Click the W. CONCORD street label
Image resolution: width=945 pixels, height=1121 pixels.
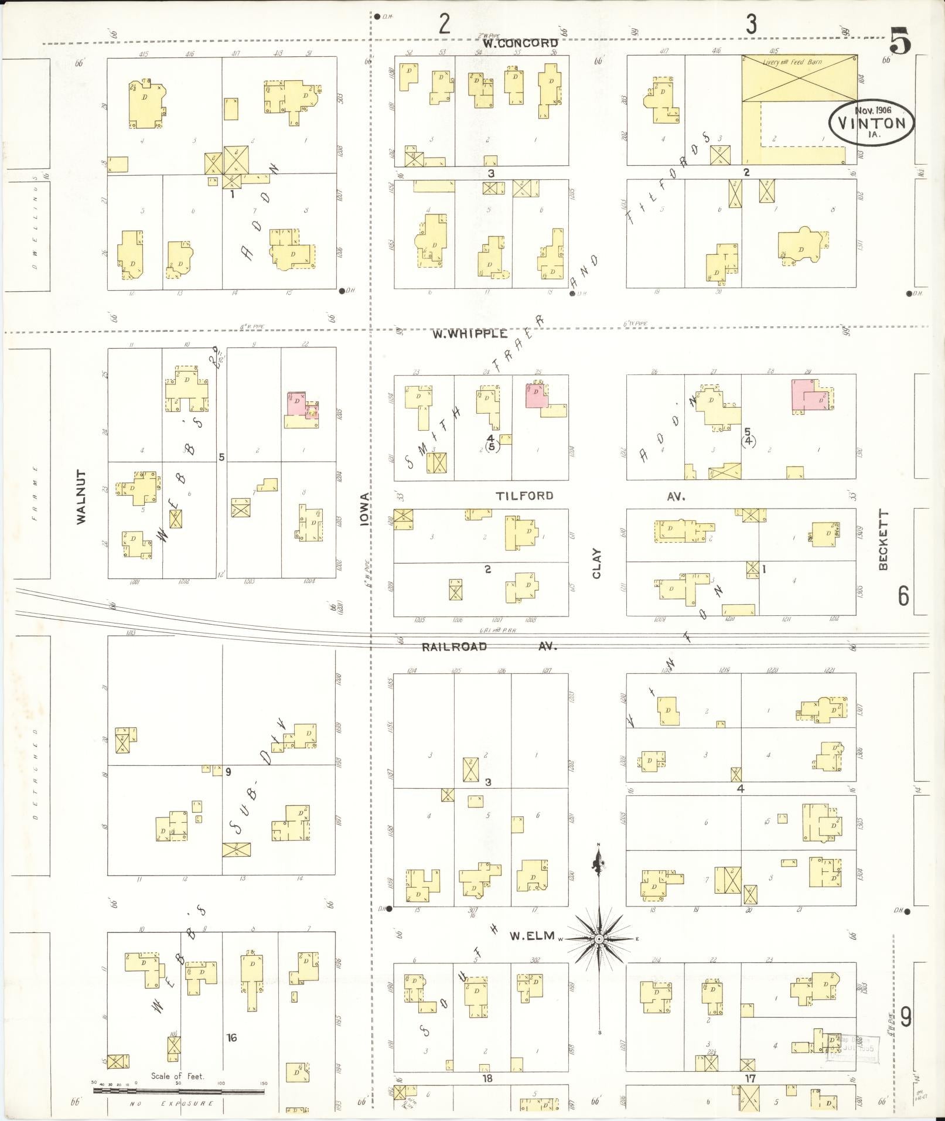click(520, 43)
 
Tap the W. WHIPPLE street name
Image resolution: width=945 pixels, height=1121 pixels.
click(470, 333)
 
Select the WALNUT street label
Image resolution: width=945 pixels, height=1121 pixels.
click(81, 496)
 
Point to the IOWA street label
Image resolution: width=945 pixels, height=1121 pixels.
click(365, 509)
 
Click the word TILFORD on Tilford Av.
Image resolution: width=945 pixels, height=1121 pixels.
click(524, 496)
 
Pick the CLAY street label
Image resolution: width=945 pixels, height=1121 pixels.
click(597, 563)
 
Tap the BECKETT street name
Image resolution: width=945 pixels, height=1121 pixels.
click(883, 540)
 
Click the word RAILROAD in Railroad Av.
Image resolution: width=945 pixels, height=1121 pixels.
click(455, 647)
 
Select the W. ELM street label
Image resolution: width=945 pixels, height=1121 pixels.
click(531, 936)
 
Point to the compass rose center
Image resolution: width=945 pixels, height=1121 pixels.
click(599, 939)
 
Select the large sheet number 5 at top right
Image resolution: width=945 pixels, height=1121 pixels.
click(900, 41)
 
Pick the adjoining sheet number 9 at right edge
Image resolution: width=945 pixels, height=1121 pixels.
click(906, 1017)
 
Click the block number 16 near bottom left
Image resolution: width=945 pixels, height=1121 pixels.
click(232, 1038)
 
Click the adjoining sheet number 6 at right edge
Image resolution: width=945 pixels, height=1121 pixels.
click(904, 596)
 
